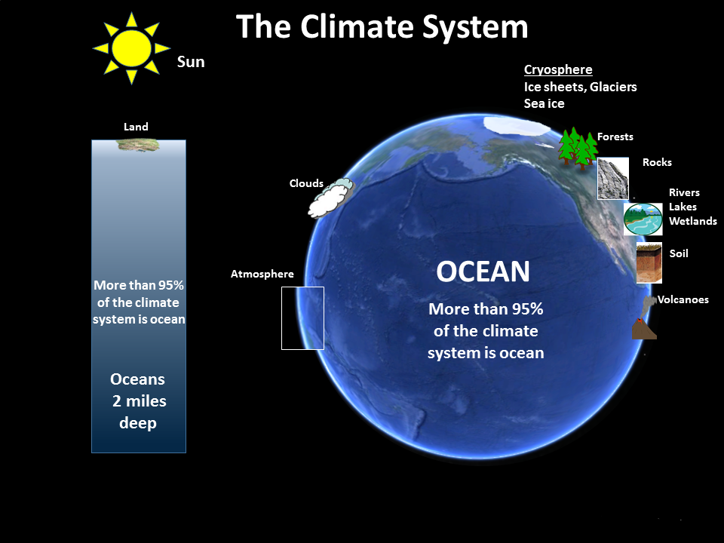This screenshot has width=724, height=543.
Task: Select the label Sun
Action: point(191,62)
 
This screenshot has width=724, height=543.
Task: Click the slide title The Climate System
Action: point(382,27)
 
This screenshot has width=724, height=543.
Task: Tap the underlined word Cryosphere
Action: point(558,70)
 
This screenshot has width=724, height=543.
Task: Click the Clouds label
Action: point(306,183)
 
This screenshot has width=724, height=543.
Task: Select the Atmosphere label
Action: point(262,274)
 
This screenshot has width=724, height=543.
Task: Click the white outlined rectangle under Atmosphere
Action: point(302,318)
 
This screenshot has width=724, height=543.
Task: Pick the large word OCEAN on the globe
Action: point(483,272)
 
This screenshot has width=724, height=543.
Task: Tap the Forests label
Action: point(615,137)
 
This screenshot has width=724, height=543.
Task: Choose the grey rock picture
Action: point(613,179)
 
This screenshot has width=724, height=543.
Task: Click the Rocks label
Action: point(657,162)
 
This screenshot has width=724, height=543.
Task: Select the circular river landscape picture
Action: point(643,219)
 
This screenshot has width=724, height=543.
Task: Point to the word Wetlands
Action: point(693,221)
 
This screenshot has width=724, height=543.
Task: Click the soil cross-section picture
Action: point(649,262)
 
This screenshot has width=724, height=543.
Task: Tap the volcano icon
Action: point(643,321)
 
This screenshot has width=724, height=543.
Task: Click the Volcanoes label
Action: point(683,299)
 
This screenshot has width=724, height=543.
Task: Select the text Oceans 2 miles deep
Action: point(138,400)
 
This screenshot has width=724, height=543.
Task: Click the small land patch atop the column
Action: point(137,143)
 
